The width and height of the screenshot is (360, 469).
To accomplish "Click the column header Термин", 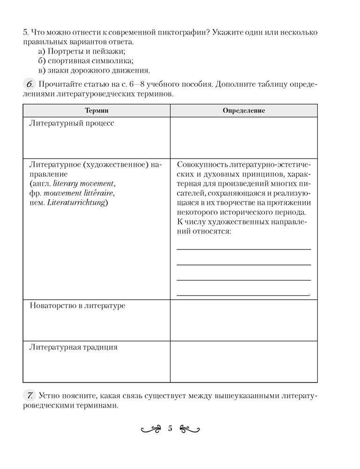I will point(96,111).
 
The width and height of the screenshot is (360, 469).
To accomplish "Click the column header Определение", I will point(244,111).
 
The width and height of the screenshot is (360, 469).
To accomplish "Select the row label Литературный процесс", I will point(72,123).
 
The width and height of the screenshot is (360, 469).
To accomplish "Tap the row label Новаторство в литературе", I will point(77,306).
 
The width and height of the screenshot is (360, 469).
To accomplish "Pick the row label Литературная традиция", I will point(73,348).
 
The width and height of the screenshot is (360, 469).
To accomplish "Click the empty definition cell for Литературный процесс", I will point(244,137).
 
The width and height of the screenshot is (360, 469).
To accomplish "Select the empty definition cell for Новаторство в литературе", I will point(244,320).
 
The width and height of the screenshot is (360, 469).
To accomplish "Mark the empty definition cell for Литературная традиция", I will point(244,361).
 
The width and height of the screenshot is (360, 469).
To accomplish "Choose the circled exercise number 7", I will point(29,396).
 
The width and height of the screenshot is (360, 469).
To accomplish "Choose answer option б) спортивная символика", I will point(86,61).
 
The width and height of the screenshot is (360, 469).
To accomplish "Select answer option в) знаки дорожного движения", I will point(94,71).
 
